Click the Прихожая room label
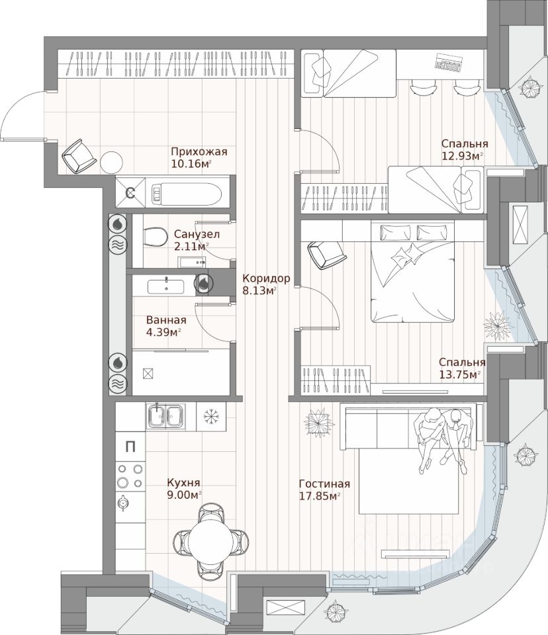pos(199,151)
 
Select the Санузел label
pos(197,234)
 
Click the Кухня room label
pos(183,483)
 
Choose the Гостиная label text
pos(324,483)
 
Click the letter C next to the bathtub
pos(131,193)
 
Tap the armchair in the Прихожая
pos(79,156)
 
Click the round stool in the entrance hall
pos(111,162)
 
